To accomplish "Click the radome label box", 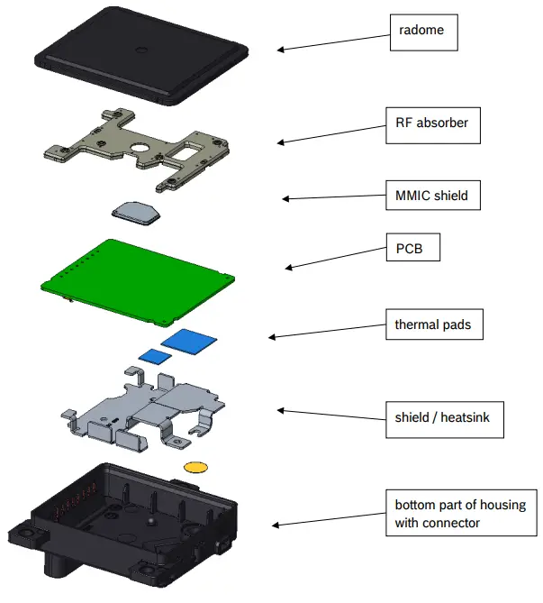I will [422, 32].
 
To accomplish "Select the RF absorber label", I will [431, 123].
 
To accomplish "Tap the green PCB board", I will [136, 279].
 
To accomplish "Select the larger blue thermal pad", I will [190, 340].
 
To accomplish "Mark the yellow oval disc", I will [195, 466].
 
